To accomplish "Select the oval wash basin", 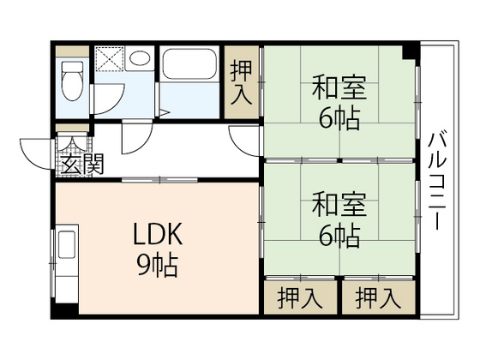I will [139, 58].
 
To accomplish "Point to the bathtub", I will [190, 72].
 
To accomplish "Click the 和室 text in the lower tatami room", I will [339, 206].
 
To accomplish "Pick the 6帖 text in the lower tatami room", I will [339, 233].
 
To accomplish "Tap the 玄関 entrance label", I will [82, 164].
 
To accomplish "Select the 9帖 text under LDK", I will [157, 264].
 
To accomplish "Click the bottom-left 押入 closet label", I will [300, 299].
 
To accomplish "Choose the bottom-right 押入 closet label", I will [378, 299].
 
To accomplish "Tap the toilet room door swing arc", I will [105, 104].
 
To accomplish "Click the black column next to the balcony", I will [411, 52].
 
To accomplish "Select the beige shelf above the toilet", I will [73, 51].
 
